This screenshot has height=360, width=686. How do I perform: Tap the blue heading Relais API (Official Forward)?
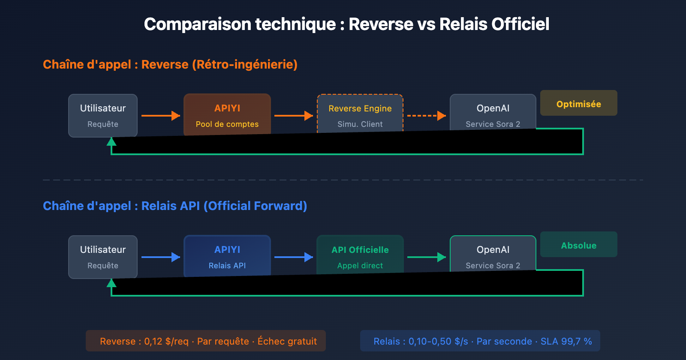click(x=224, y=206)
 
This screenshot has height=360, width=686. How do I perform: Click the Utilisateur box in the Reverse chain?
click(x=103, y=115)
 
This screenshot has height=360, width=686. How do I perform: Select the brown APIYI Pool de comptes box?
click(x=227, y=114)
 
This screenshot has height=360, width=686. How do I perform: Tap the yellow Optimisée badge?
click(x=578, y=103)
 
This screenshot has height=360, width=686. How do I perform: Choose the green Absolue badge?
click(x=578, y=245)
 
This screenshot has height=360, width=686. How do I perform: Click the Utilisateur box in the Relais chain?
click(x=103, y=256)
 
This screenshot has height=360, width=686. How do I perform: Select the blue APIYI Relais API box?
click(x=227, y=256)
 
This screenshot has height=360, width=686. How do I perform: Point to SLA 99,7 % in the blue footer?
click(x=566, y=342)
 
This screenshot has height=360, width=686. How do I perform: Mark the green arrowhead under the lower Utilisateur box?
click(x=111, y=283)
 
